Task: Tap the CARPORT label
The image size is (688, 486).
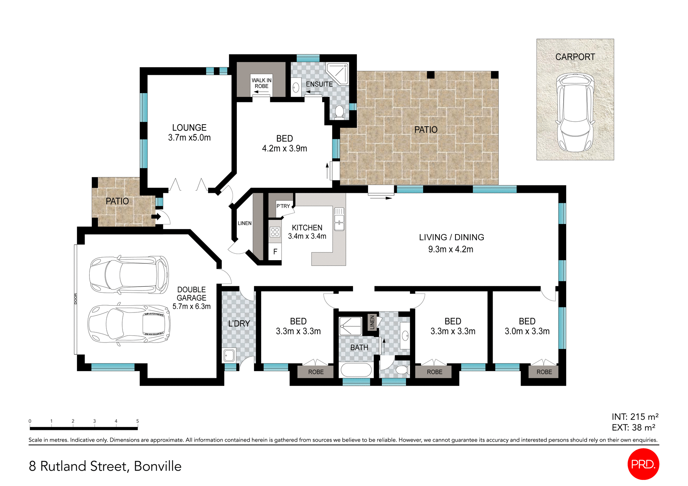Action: click(575, 57)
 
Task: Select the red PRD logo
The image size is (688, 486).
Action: click(643, 464)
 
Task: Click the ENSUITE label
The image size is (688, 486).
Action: click(319, 84)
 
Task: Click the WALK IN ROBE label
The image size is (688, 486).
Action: click(261, 83)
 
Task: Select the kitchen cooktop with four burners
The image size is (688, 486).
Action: click(275, 232)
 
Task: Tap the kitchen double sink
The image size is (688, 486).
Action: click(339, 219)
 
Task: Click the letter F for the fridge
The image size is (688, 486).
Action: click(275, 252)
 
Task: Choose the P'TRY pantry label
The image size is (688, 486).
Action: click(283, 206)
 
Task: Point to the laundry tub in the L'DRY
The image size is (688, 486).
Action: click(229, 355)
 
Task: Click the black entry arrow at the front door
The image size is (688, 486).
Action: click(156, 217)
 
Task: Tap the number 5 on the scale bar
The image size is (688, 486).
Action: click(137, 421)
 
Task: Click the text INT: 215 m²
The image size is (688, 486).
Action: click(635, 417)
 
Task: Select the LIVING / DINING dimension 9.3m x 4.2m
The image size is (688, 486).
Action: click(450, 249)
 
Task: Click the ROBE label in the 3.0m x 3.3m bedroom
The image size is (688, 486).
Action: click(544, 372)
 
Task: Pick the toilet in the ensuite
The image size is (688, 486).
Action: click(339, 111)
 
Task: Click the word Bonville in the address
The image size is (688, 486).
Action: click(158, 466)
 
